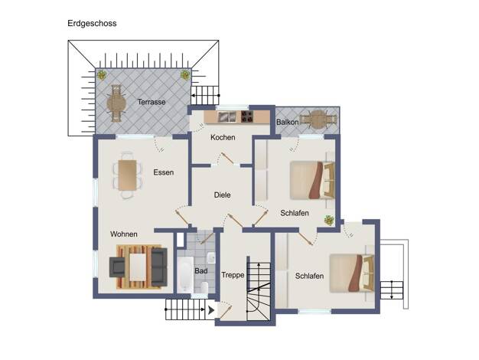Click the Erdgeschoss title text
[92, 24]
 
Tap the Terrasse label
[152, 102]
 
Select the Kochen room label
[223, 137]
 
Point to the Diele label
[222, 195]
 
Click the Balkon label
[288, 122]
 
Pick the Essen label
[164, 172]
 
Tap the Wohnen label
[124, 234]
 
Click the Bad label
[201, 270]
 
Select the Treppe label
[233, 275]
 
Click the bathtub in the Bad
[185, 274]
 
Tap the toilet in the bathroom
[204, 287]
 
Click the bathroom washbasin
[211, 258]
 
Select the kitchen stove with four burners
[247, 116]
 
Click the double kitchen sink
[226, 116]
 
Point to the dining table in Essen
[127, 175]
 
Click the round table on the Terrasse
[116, 103]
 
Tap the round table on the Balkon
[318, 119]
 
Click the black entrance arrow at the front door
[211, 310]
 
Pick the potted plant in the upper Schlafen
[329, 220]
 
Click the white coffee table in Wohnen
[138, 267]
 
